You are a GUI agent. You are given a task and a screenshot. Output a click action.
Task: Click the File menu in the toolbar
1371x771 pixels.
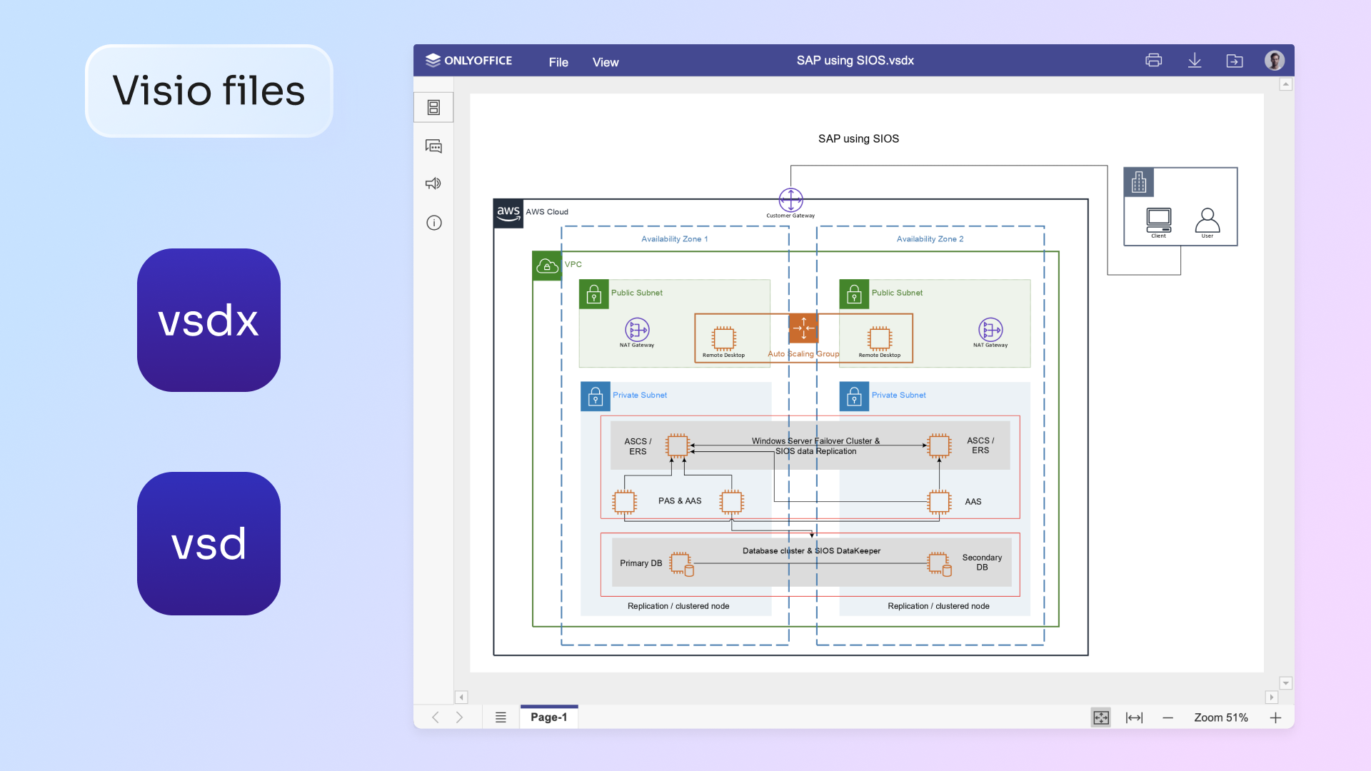[558, 62]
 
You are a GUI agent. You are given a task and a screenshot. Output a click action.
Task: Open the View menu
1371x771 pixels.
[606, 62]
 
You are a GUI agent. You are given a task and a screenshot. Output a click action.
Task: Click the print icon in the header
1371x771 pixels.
[1153, 61]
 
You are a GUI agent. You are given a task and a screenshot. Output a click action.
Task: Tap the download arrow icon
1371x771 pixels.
[1194, 61]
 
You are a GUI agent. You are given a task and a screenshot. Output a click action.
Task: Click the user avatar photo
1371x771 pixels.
[1275, 61]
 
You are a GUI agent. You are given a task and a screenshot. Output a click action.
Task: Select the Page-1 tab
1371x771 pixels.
[548, 717]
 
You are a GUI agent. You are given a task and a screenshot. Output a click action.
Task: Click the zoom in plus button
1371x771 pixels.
[1276, 717]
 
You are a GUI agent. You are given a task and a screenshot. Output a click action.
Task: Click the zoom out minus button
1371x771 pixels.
[1167, 717]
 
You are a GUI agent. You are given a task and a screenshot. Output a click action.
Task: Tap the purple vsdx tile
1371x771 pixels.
[209, 320]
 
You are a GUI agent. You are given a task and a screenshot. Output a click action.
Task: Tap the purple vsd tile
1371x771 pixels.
[209, 543]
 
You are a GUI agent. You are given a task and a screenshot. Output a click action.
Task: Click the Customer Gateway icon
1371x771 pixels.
[790, 200]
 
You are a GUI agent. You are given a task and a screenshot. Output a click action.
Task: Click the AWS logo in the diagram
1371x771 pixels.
[508, 213]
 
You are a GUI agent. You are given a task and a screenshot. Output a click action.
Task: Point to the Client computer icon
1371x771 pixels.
[1158, 219]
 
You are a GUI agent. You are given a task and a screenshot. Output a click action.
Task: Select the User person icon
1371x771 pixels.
[1207, 220]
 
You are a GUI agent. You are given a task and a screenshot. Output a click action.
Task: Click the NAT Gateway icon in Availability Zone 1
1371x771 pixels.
[637, 330]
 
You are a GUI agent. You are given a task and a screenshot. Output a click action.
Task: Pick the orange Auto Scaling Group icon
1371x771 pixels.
[803, 328]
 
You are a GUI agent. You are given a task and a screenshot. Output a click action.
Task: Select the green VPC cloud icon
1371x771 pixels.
[547, 266]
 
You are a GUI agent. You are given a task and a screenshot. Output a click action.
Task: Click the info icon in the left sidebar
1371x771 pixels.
[434, 223]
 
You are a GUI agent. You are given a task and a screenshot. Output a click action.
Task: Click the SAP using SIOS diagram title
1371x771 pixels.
[858, 138]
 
